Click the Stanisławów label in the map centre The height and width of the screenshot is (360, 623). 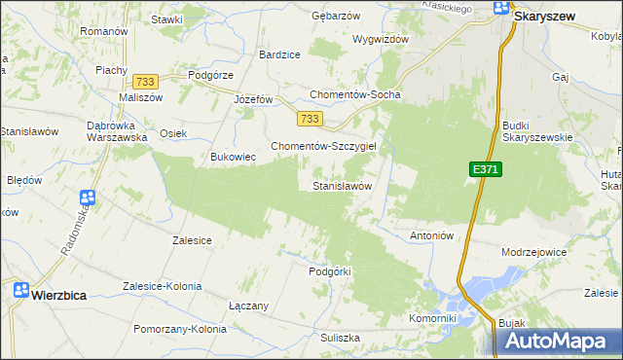(342, 185)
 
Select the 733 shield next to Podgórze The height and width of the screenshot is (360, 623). (147, 83)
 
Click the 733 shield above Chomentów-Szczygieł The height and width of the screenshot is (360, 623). (310, 119)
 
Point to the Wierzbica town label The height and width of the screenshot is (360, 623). (64, 291)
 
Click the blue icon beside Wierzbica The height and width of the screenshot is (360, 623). (20, 290)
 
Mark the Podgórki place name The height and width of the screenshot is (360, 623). (329, 271)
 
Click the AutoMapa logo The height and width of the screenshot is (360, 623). (559, 342)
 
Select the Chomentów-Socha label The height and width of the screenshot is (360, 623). (355, 94)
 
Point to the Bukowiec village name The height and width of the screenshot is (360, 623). (234, 156)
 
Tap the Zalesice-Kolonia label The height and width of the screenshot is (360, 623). (162, 286)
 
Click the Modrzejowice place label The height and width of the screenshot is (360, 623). (533, 251)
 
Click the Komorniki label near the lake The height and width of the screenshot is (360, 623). (433, 318)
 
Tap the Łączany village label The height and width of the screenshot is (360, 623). (248, 306)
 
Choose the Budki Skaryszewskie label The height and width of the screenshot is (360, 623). (537, 130)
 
